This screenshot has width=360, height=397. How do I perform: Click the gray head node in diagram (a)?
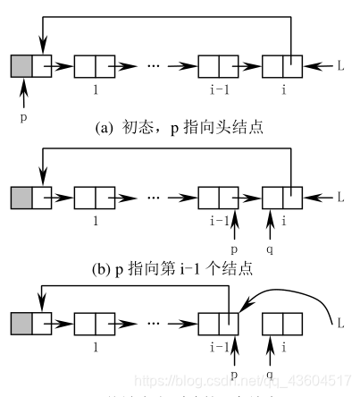[21, 65]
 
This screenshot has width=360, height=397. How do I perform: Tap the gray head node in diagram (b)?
[21, 196]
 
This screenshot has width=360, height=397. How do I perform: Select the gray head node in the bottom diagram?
[21, 321]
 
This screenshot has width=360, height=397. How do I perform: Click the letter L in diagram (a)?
[340, 66]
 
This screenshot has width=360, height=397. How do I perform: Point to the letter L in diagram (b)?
[340, 196]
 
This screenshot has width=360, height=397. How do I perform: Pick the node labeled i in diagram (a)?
[283, 65]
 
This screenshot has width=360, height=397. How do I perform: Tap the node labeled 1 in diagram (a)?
[95, 65]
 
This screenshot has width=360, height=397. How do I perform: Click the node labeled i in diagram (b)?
[283, 196]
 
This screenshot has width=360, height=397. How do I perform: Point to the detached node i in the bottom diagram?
[283, 321]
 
